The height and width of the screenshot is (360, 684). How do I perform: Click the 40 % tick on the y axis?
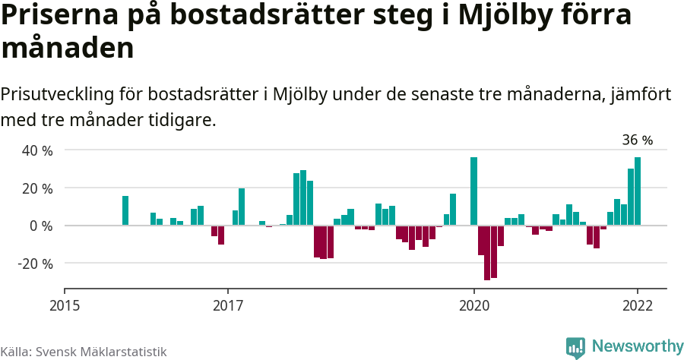(x=36, y=151)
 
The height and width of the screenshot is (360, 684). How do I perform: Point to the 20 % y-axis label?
(x=36, y=188)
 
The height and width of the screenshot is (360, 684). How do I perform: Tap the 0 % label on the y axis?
(x=41, y=226)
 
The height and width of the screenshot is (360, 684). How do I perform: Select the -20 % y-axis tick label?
(x=34, y=264)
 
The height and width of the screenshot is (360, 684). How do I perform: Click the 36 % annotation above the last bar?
(x=637, y=140)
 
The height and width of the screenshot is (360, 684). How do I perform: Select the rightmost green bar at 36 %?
(x=638, y=191)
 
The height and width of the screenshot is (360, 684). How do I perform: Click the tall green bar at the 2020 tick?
(x=473, y=191)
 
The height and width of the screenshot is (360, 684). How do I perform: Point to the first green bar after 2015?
(x=125, y=210)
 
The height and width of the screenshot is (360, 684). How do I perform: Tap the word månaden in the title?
(x=68, y=48)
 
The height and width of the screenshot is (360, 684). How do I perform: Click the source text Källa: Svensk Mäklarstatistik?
(x=84, y=352)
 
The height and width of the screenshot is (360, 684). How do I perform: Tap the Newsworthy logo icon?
(x=575, y=347)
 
